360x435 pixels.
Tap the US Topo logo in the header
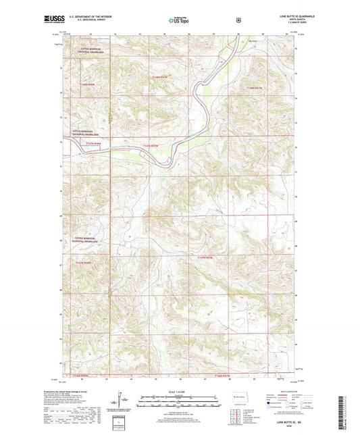[x=179, y=21]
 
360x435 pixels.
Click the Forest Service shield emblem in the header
[x=238, y=20]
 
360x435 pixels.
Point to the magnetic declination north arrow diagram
[x=123, y=403]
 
